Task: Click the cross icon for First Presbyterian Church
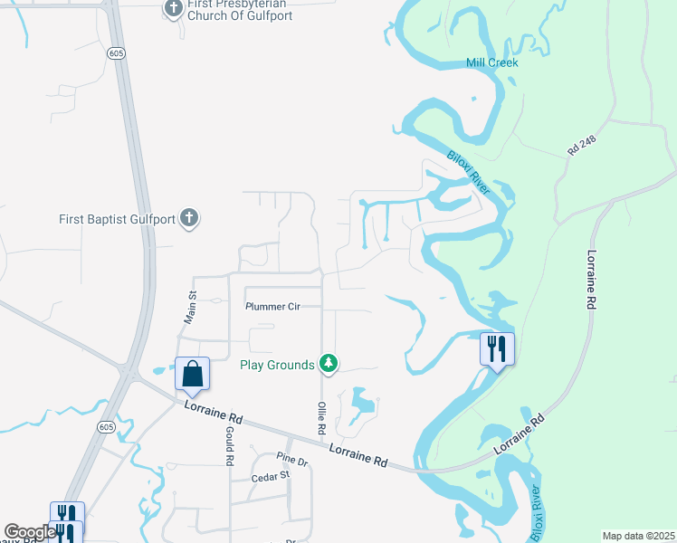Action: click(x=174, y=9)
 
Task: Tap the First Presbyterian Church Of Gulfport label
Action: click(x=236, y=10)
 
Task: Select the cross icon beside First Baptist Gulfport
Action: click(x=188, y=218)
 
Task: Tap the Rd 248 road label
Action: click(x=584, y=144)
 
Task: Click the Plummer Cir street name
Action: click(x=272, y=307)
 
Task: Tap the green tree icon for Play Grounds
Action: click(x=329, y=364)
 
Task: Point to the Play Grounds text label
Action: click(x=277, y=365)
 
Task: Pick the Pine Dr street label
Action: click(x=292, y=461)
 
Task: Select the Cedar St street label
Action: click(x=271, y=474)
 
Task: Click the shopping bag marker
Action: click(x=192, y=373)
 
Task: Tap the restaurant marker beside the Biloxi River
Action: click(x=496, y=348)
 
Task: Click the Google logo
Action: click(x=29, y=533)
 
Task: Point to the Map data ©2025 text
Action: click(x=637, y=536)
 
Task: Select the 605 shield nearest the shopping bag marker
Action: click(x=107, y=426)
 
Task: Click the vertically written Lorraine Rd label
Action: click(x=593, y=281)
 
